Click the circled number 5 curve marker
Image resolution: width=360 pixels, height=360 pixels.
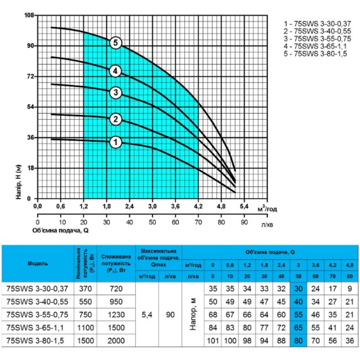(x=116, y=43)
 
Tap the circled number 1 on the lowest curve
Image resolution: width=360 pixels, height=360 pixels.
(x=116, y=142)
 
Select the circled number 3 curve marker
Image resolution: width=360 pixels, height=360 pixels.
(x=116, y=93)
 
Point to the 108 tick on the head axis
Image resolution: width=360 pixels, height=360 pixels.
(x=29, y=15)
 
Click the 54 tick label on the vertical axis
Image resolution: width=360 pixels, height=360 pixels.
(x=30, y=107)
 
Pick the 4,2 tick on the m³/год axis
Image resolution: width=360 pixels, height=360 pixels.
(x=198, y=206)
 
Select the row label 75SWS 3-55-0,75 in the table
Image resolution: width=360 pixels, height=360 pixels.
(x=37, y=315)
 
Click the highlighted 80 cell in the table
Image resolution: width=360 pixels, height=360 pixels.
(x=298, y=341)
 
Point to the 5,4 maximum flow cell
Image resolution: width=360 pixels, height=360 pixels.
(x=148, y=315)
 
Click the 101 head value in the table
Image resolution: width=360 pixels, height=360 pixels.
(x=213, y=341)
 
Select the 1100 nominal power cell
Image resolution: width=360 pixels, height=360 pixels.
(x=85, y=328)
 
